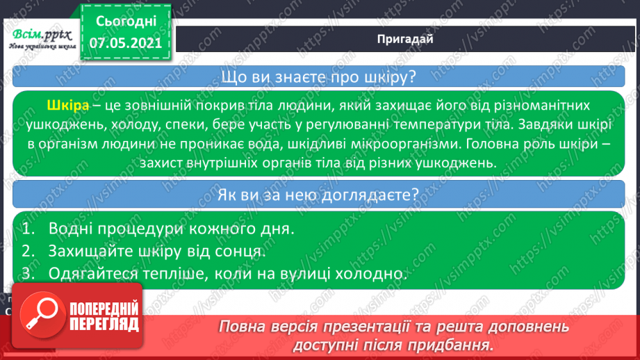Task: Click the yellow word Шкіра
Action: point(68,106)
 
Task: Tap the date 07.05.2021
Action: point(125,43)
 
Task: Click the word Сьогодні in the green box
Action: point(126,22)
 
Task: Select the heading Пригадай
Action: point(405,39)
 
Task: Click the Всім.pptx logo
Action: point(42,39)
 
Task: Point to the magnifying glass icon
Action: point(42,314)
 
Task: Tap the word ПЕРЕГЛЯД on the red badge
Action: point(104,325)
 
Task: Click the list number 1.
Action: point(27,229)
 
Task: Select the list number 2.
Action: point(28,251)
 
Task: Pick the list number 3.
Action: point(28,273)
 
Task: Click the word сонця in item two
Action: point(242,252)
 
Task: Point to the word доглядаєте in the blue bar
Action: point(370,195)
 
